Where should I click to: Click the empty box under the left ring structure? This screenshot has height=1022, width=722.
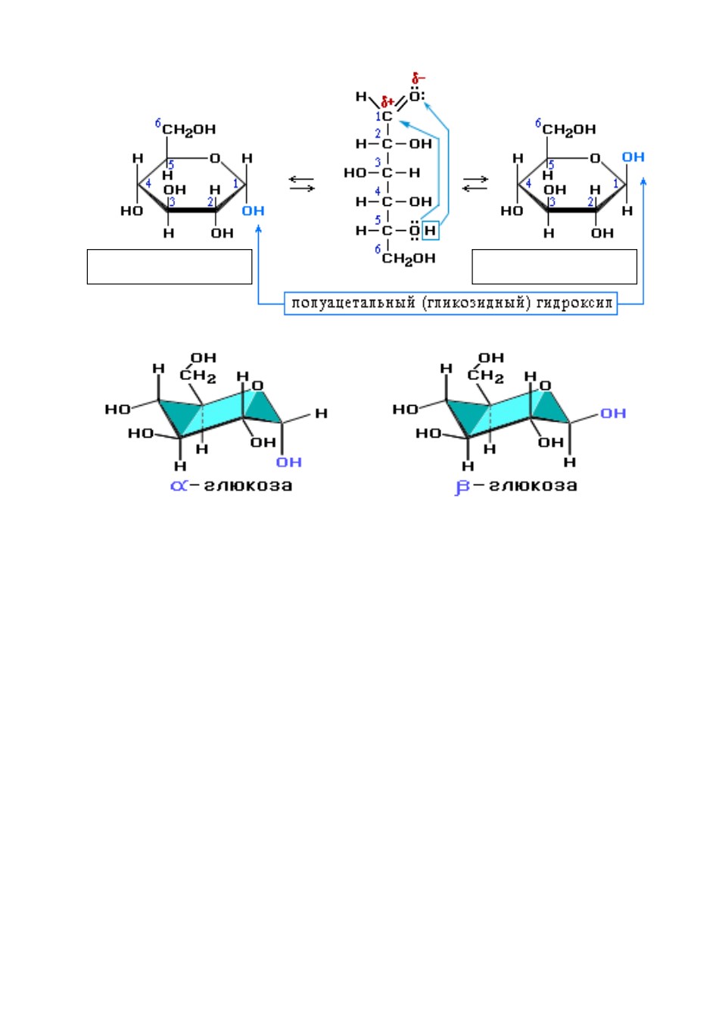coord(170,266)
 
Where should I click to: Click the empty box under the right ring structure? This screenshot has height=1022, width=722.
coord(554,266)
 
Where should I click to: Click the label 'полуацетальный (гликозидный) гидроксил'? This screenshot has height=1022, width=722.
coord(450,304)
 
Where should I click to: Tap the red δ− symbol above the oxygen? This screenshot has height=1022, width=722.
coord(419,78)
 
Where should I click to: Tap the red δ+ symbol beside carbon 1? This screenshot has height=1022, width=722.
coord(387,101)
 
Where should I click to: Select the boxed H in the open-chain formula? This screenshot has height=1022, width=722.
coord(430,230)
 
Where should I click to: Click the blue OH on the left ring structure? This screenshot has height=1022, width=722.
coord(253,210)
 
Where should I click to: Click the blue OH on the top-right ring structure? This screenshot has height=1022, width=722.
coord(633,157)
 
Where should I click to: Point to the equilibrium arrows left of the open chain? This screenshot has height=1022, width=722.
coord(301,184)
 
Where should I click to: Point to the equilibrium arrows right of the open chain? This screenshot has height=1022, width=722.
coord(475,184)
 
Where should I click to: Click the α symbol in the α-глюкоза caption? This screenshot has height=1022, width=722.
coord(179,486)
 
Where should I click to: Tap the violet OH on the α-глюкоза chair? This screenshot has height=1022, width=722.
coord(289,463)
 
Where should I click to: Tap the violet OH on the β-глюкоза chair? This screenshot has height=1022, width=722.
coord(613,413)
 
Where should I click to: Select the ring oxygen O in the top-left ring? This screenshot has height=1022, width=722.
coord(215,158)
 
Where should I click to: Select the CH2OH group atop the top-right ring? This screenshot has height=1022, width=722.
coord(569,129)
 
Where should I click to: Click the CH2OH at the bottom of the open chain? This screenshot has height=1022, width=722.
coord(408,259)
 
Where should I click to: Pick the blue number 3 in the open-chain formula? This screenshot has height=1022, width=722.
coord(378,163)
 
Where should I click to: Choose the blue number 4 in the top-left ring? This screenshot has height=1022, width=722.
coord(148,184)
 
